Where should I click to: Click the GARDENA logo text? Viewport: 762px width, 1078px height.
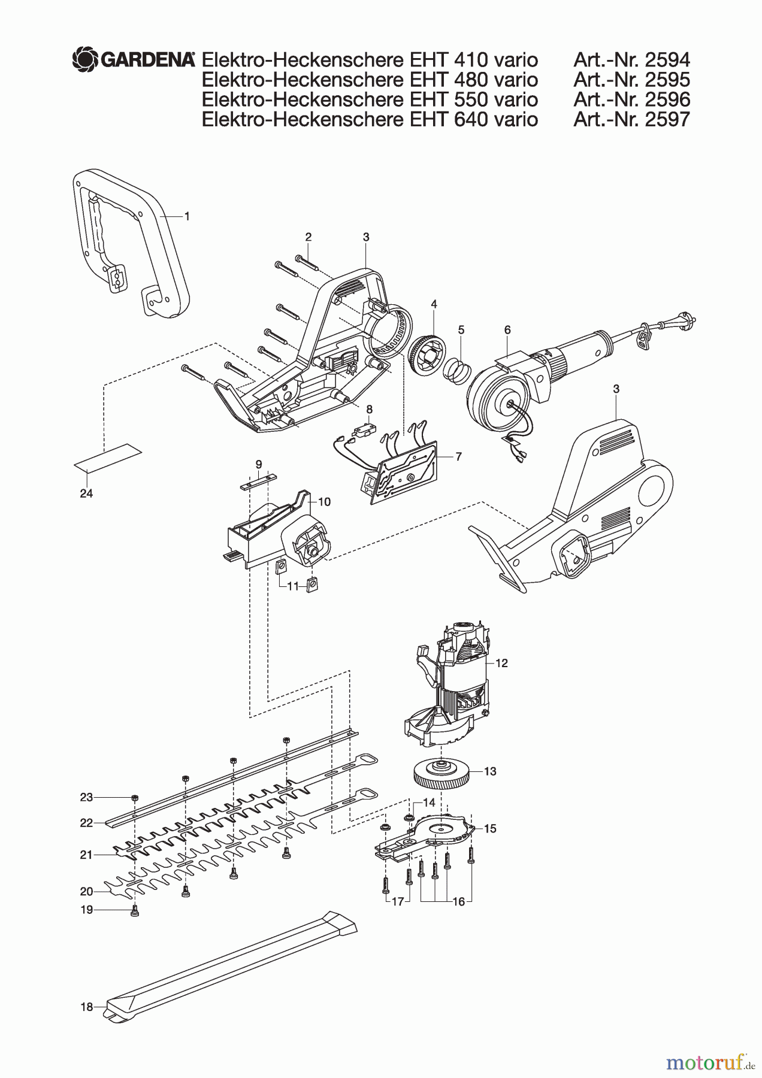147,59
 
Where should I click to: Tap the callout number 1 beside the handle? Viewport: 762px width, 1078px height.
187,217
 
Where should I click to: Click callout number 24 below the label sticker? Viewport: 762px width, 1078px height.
86,493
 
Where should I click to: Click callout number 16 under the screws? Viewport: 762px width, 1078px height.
458,902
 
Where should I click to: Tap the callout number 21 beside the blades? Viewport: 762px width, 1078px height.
86,855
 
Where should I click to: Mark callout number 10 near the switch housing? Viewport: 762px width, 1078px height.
324,502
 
